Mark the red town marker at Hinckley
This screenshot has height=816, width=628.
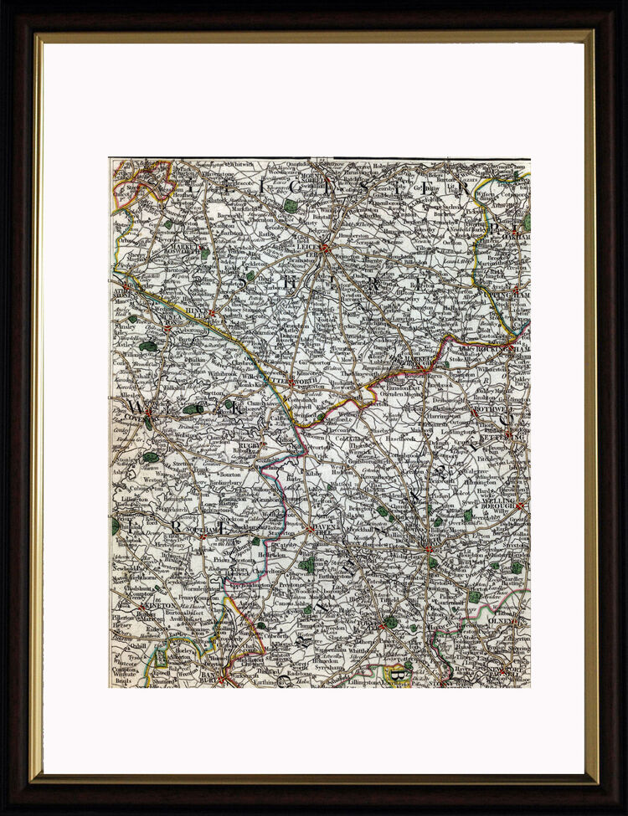point(213,314)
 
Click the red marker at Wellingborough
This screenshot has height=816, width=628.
point(518,506)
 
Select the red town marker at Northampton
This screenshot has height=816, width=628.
point(428,549)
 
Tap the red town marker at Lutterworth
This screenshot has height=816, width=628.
point(291,383)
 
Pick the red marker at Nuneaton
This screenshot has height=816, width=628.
point(167,329)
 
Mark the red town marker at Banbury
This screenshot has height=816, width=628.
point(221,679)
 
